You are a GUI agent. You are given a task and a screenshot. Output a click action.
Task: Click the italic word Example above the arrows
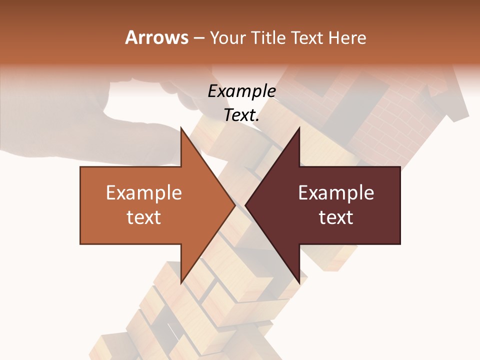pyautogui.click(x=241, y=91)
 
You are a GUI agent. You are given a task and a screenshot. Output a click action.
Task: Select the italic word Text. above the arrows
pyautogui.click(x=241, y=115)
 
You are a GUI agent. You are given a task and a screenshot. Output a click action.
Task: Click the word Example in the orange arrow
pyautogui.click(x=144, y=193)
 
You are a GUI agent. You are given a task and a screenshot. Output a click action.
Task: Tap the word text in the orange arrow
pyautogui.click(x=144, y=217)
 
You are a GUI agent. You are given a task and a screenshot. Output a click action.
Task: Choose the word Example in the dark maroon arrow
pyautogui.click(x=336, y=193)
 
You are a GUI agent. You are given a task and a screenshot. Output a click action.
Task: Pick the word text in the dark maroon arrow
pyautogui.click(x=336, y=217)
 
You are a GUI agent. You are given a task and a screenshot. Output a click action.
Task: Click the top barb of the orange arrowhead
pyautogui.click(x=182, y=131)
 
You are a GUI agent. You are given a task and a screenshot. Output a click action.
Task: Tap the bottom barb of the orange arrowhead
pyautogui.click(x=182, y=280)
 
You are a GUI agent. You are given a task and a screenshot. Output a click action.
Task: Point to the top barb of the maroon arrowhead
pyautogui.click(x=298, y=131)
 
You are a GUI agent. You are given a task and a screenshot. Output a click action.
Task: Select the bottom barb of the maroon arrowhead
pyautogui.click(x=298, y=280)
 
